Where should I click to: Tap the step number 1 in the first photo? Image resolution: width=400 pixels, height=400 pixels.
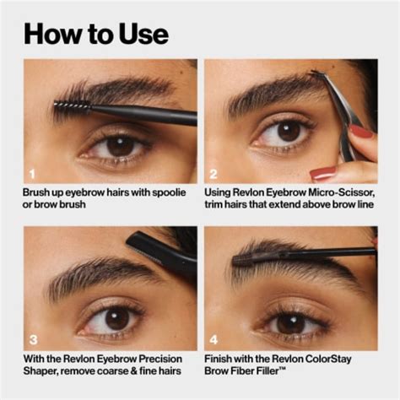[32, 174]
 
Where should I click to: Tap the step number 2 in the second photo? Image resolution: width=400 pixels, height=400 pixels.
[214, 174]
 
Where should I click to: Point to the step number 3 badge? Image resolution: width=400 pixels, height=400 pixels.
[32, 341]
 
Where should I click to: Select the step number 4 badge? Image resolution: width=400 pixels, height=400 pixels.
[214, 341]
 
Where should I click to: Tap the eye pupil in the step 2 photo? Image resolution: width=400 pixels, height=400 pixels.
[288, 131]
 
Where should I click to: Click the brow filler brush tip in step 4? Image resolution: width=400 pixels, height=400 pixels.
[258, 254]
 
